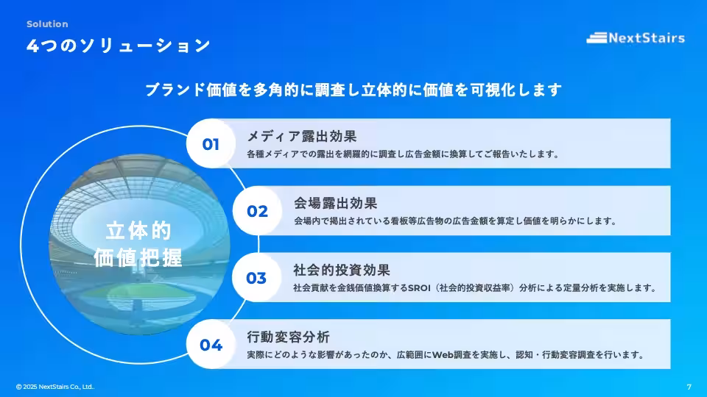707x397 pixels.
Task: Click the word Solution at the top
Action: click(47, 24)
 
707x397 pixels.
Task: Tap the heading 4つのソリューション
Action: click(119, 46)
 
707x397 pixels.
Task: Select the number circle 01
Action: click(211, 144)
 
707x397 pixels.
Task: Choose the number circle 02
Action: click(257, 212)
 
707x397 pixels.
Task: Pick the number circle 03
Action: click(256, 279)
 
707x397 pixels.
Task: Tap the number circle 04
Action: click(211, 345)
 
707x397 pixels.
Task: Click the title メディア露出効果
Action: click(302, 136)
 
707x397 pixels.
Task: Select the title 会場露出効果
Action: click(336, 203)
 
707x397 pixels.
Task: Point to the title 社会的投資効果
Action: click(342, 270)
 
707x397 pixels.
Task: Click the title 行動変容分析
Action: click(289, 337)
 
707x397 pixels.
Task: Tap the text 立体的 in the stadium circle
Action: click(138, 231)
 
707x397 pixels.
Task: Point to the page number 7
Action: click(689, 387)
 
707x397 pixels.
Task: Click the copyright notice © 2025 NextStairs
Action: click(55, 387)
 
